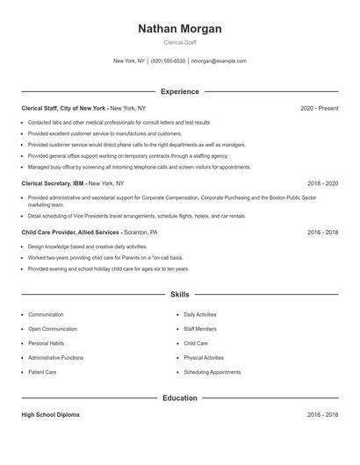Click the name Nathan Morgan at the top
(x=179, y=29)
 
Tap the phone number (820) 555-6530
(x=168, y=61)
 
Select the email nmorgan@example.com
(x=219, y=61)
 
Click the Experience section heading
(x=179, y=91)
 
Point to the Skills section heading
(x=179, y=295)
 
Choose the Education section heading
(x=179, y=397)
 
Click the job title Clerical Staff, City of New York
(x=63, y=108)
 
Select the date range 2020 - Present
(x=319, y=108)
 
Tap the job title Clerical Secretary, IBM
(x=54, y=183)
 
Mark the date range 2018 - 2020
(x=322, y=183)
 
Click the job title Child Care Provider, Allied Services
(x=70, y=232)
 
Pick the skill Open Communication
(x=52, y=328)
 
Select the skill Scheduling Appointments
(x=212, y=372)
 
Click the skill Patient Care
(x=42, y=372)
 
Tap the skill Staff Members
(x=200, y=328)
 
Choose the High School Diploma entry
(x=50, y=414)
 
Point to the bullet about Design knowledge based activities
(x=88, y=247)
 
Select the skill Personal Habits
(x=46, y=343)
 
